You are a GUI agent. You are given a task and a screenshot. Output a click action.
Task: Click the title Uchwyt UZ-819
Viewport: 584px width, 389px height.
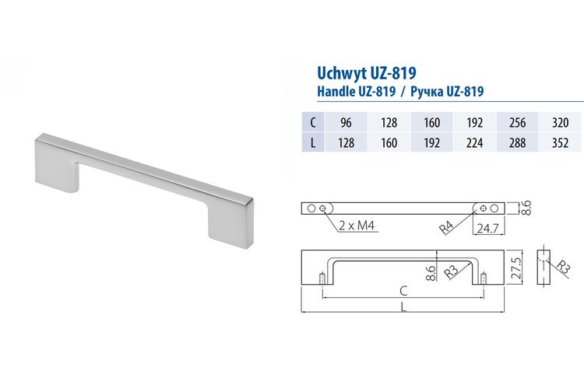coord(366,73)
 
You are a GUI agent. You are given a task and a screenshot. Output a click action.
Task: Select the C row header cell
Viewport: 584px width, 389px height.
coord(313,122)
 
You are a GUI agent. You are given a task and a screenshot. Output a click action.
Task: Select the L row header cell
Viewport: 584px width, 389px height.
coord(313,142)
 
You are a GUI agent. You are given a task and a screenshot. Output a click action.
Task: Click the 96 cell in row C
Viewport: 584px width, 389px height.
coord(346,122)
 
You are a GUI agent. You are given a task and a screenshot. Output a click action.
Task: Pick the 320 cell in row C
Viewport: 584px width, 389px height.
coord(560,122)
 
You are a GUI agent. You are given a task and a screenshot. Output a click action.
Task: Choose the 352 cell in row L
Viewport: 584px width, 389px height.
coord(560,142)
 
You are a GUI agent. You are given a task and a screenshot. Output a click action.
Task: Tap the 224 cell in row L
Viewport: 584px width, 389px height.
coord(474,142)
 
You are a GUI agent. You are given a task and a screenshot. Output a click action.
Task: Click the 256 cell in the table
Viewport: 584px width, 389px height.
coord(517,122)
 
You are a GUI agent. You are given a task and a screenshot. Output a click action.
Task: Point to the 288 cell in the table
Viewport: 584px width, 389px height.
coord(517,142)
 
